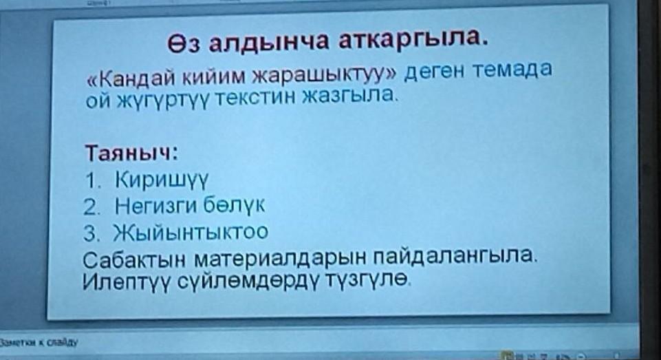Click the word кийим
point(214,76)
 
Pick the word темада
point(511,69)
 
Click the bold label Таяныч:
point(131,152)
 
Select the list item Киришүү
point(162,180)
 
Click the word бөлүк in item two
point(235,204)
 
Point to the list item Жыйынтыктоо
point(191,233)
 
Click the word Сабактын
point(133,260)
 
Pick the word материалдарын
point(280,258)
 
